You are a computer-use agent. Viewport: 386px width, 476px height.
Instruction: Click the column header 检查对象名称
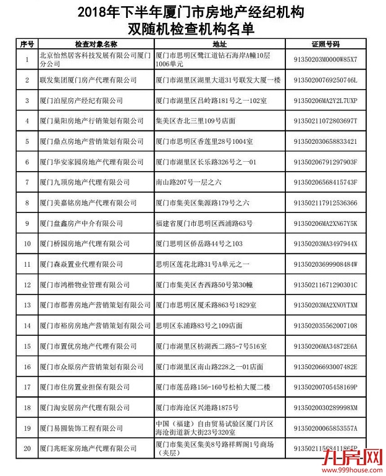pos(95,44)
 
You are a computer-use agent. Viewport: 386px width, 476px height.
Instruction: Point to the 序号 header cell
pos(27,44)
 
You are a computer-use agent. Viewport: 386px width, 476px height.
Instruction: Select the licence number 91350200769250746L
pos(325,80)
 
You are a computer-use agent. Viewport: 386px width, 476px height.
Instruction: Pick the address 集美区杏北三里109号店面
pos(196,121)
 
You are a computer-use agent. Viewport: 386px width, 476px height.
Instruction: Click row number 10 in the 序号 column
pos(27,244)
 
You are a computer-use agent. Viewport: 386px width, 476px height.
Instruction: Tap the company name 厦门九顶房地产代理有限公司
pos(85,182)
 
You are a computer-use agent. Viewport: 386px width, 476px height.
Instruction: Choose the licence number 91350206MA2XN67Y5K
pos(325,223)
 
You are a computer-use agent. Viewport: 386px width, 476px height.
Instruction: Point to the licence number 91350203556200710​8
pos(325,325)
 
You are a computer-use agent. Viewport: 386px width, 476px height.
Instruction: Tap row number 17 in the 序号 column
pos(27,387)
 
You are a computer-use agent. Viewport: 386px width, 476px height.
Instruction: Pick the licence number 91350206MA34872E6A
pos(325,346)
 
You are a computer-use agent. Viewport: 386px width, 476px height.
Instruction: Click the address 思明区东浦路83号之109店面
pos(199,325)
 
